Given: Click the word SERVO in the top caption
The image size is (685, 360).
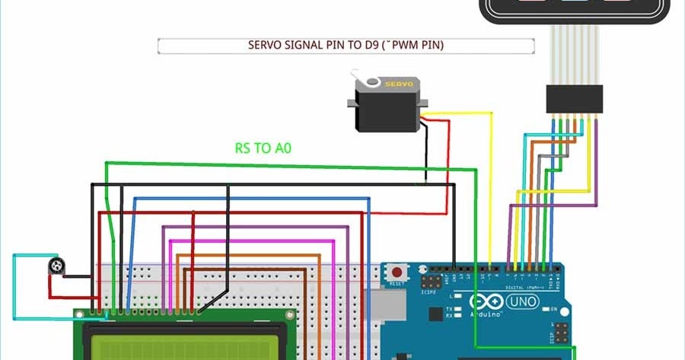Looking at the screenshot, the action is [x=265, y=46].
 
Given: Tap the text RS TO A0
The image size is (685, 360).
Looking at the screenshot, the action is [x=263, y=148].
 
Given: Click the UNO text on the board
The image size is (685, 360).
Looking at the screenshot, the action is [x=523, y=302].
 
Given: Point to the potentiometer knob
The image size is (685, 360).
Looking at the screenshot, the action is [x=56, y=266].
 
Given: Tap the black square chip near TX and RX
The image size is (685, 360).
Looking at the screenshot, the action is [x=435, y=313].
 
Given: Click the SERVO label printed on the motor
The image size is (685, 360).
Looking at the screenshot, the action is [x=398, y=84].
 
